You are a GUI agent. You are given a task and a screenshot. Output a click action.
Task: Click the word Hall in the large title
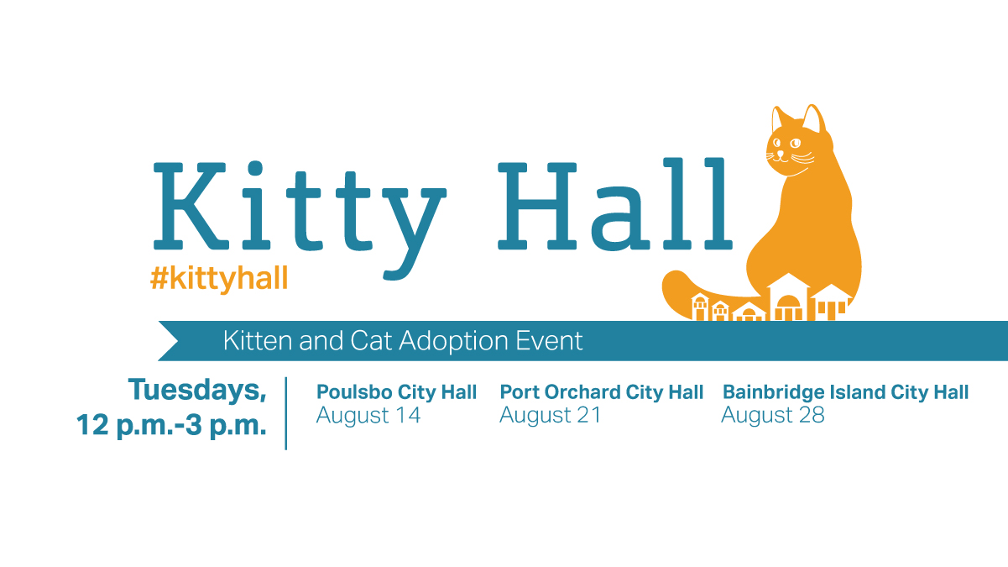coord(615,203)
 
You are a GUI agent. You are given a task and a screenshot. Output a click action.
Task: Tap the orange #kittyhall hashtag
coord(219,279)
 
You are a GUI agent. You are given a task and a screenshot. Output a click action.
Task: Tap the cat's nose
coord(781,154)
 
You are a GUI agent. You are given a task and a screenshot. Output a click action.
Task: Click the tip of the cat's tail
coord(671,281)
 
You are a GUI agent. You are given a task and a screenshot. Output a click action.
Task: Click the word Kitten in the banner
coord(258,340)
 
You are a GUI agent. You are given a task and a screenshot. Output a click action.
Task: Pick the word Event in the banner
coord(549,340)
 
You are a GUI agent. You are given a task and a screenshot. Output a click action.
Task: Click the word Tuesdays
coord(197,390)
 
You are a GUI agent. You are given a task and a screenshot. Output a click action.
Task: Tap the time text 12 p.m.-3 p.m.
coord(171,426)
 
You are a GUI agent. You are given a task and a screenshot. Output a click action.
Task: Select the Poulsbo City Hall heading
coord(396,392)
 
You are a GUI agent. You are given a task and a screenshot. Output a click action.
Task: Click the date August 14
coord(368,416)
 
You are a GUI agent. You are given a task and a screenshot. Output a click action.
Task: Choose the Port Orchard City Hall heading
coord(601,392)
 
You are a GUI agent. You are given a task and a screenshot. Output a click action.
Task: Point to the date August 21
coord(550,416)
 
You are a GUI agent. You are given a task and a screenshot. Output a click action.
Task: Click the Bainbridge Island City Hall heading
coord(845,392)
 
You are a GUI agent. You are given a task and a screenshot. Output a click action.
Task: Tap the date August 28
coord(773,416)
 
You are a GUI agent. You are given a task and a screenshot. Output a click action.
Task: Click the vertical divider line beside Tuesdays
coord(285,413)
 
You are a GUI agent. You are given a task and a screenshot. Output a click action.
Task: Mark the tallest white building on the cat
coord(788,297)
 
